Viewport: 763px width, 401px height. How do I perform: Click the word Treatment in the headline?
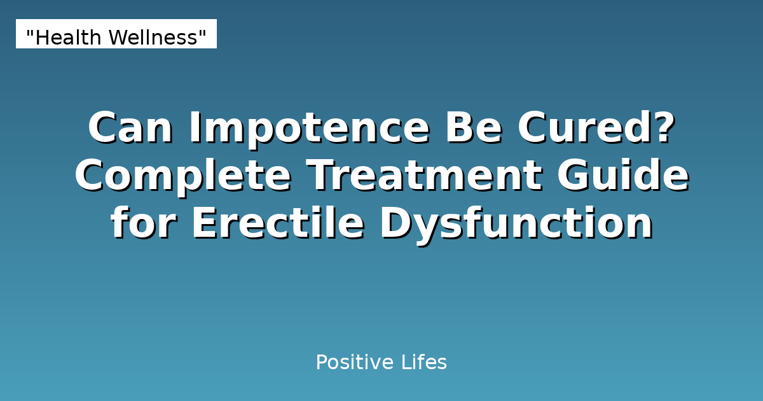(x=425, y=176)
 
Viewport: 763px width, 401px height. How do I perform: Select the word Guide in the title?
(x=624, y=176)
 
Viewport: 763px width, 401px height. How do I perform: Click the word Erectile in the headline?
(x=278, y=224)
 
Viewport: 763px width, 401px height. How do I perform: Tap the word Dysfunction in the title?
(x=516, y=224)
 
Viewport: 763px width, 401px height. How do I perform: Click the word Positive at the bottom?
(x=355, y=363)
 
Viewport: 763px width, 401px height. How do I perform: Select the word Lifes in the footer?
(x=424, y=363)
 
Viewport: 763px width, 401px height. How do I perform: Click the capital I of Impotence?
(x=195, y=128)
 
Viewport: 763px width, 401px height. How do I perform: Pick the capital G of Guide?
(x=575, y=176)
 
